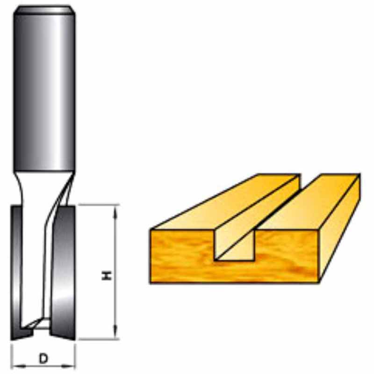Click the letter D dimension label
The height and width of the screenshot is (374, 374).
point(43,359)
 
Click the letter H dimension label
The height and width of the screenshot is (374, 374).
point(107,275)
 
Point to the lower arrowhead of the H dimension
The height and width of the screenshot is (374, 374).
point(115,332)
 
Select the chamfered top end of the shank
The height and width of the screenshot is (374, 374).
point(44,10)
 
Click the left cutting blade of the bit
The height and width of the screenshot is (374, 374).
point(17,272)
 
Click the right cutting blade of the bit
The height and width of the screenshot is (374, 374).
point(65,272)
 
